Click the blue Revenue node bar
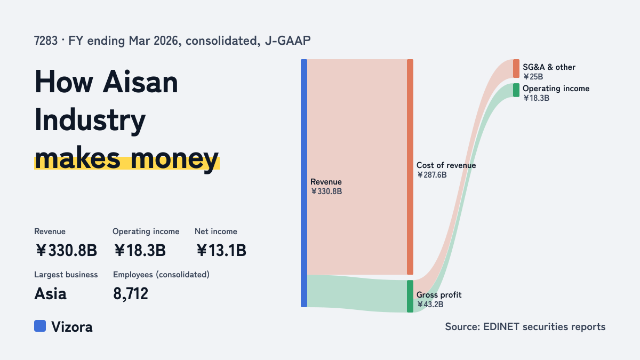point(304,183)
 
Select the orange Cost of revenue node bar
point(410,167)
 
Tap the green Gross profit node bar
point(410,297)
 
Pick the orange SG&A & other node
point(516,69)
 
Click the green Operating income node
point(516,90)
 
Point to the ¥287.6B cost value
point(431,175)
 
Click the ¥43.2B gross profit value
point(430,305)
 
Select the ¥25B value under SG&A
point(533,77)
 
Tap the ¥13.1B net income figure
point(221,250)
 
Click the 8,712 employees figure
point(131,294)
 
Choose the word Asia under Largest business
point(50,294)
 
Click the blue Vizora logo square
point(40,326)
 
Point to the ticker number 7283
point(46,41)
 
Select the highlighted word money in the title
point(174,159)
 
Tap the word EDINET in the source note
point(501,326)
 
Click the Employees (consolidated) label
point(161,275)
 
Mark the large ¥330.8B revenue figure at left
point(66,250)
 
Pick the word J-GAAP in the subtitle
point(287,41)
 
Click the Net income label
point(215,231)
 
